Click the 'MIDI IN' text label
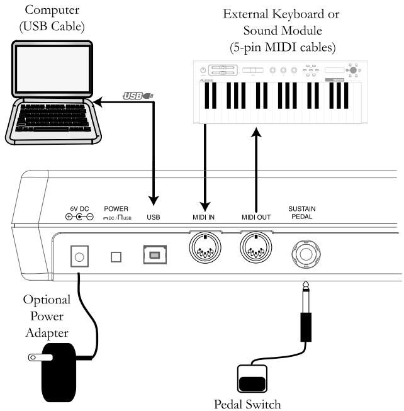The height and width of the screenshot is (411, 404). coord(205,217)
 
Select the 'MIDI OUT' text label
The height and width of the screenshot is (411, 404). coord(255,217)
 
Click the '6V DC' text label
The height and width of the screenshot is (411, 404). coord(78,208)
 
